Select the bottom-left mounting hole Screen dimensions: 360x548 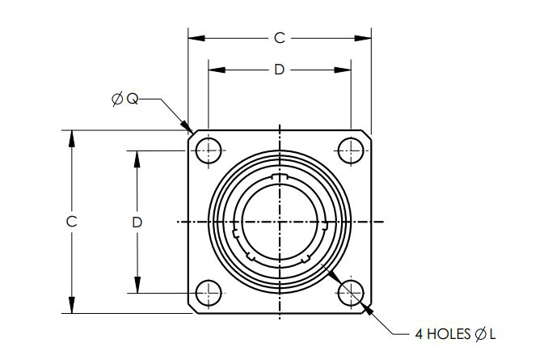[x=209, y=293]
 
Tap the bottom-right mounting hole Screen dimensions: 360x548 [x=350, y=293]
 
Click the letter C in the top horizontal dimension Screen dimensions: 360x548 [x=280, y=37]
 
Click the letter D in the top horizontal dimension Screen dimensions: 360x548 [x=279, y=70]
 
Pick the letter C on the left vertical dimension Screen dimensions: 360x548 [x=72, y=221]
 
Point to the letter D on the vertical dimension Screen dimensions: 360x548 [x=137, y=221]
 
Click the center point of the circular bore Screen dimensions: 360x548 [x=280, y=221]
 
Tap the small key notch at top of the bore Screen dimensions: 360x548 [x=280, y=177]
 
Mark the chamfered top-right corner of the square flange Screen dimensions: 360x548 [x=367, y=133]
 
